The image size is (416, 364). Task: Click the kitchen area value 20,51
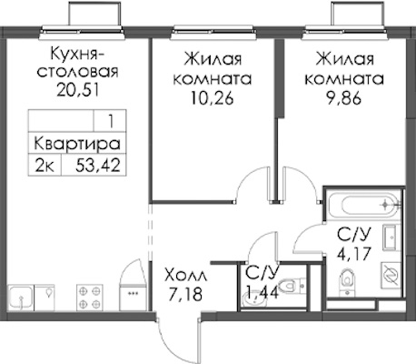coord(78,89)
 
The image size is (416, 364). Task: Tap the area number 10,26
coord(212,97)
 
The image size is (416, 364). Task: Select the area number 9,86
coord(344,97)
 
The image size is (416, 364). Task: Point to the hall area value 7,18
coord(185,294)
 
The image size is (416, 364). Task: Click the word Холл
coord(186,276)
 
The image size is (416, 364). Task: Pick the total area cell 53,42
coord(98,166)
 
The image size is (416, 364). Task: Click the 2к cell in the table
coord(45,166)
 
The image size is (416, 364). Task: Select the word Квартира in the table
coord(77,144)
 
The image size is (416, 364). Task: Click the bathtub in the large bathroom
coord(364,204)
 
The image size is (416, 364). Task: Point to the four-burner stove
coord(90,298)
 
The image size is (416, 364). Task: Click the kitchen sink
coord(20,298)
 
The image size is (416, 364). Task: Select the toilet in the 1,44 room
coord(287,286)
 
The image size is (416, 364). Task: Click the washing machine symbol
coord(391,275)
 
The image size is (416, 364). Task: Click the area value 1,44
coord(262,292)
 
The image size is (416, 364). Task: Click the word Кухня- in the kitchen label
coord(77,54)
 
